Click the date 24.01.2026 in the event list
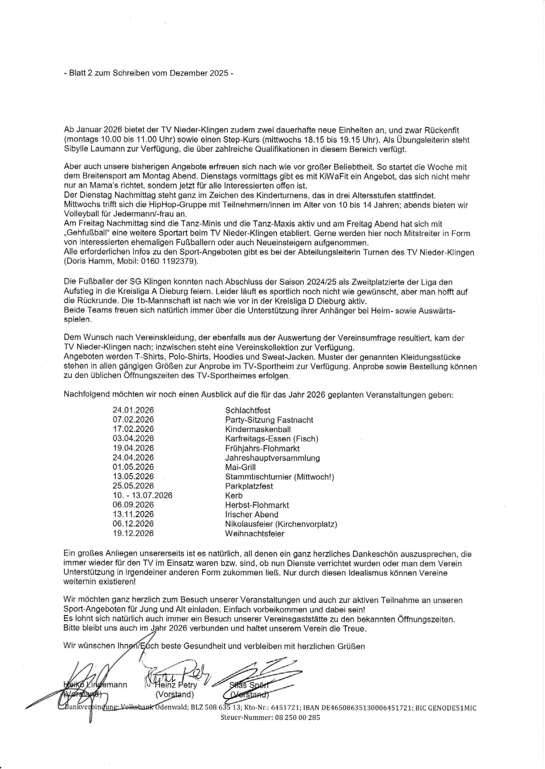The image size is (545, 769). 133,410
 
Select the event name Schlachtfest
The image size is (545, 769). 248,410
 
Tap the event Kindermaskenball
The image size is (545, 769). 258,429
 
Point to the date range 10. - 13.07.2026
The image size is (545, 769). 142,495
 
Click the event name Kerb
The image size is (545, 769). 234,495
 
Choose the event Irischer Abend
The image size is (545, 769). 252,515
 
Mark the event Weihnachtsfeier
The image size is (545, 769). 255,533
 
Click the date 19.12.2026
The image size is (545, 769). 133,533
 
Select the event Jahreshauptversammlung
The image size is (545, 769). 272,458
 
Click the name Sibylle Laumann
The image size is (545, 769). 91,150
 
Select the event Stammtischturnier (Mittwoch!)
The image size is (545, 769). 279,477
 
